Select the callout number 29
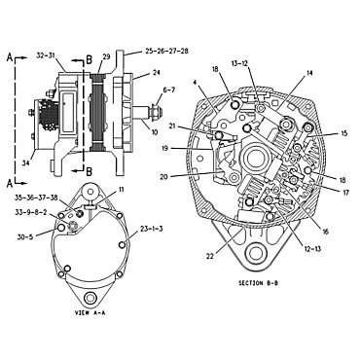(106, 56)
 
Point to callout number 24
(154, 72)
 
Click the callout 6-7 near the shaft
(168, 90)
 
